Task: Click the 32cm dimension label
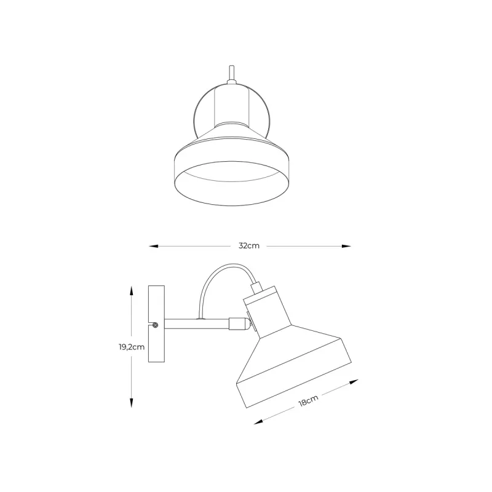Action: click(x=249, y=245)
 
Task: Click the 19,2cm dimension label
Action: click(x=132, y=347)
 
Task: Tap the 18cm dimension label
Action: click(x=308, y=401)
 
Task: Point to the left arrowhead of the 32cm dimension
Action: click(x=153, y=247)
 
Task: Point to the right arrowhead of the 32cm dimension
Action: click(x=346, y=247)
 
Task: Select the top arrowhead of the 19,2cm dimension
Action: click(x=132, y=290)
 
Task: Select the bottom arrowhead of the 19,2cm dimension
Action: click(x=132, y=403)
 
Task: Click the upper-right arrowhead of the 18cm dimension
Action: click(x=354, y=382)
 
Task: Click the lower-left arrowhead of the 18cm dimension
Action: click(x=258, y=422)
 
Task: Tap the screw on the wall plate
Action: click(x=155, y=325)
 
